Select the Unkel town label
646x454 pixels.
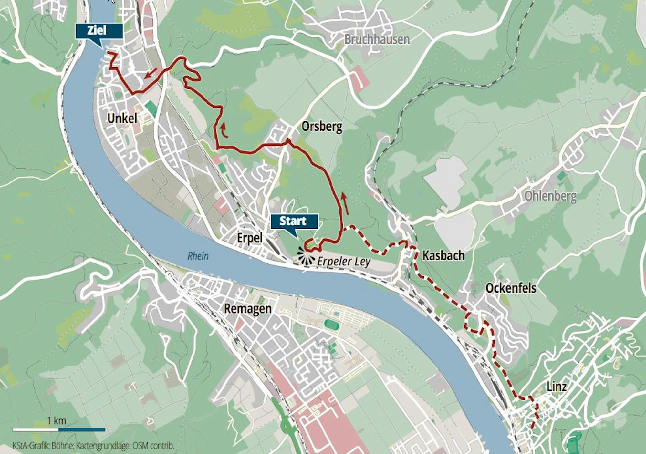pyautogui.click(x=122, y=118)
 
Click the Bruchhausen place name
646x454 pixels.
pyautogui.click(x=377, y=39)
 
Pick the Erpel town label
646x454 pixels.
pyautogui.click(x=249, y=238)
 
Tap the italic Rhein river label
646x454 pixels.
pyautogui.click(x=198, y=256)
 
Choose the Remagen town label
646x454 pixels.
pyautogui.click(x=247, y=309)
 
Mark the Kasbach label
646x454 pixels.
pyautogui.click(x=443, y=256)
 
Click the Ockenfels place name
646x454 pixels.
pyautogui.click(x=511, y=288)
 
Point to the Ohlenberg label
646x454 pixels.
pyautogui.click(x=550, y=196)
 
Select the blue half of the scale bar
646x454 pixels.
pyautogui.click(x=82, y=429)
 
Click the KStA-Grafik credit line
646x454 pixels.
pyautogui.click(x=94, y=446)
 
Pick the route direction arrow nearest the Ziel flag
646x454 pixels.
pyautogui.click(x=151, y=73)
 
